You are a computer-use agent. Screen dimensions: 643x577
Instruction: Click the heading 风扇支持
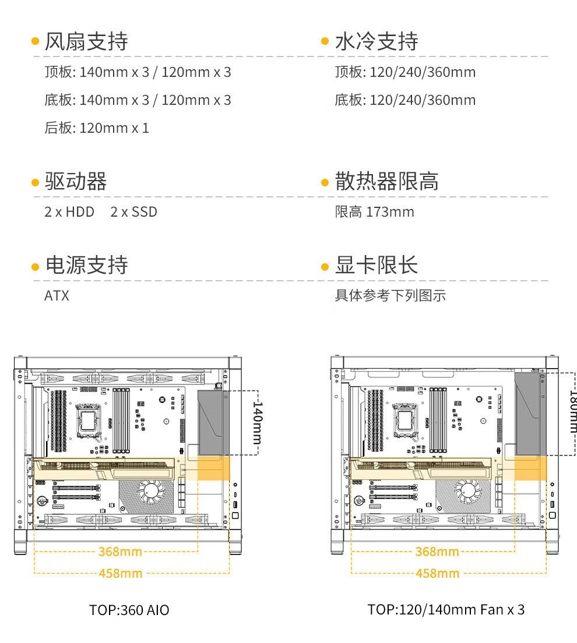tap(86, 41)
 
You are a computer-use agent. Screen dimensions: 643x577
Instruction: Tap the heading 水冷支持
tap(377, 41)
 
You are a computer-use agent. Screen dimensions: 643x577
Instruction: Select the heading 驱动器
tap(76, 182)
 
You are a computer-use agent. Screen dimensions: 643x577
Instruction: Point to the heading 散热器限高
tap(387, 182)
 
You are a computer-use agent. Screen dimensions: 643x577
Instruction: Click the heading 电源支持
tap(86, 266)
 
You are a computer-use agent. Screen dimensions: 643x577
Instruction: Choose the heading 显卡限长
tap(377, 266)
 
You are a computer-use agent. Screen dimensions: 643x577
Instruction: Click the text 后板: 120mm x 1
tap(97, 128)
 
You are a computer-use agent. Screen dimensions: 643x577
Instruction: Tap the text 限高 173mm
tap(374, 212)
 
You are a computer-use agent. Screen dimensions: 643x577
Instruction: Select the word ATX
tap(57, 296)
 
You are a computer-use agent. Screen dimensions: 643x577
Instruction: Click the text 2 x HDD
tap(69, 212)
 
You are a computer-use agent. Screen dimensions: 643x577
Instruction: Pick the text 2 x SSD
tap(134, 212)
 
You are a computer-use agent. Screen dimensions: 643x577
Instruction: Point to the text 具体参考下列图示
tap(390, 296)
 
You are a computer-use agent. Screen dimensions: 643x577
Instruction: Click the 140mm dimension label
tap(257, 422)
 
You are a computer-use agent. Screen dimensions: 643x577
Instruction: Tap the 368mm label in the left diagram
tap(120, 552)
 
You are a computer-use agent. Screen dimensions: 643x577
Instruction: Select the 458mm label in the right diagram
tap(437, 574)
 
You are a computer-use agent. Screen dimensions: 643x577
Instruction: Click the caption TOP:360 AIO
tap(129, 610)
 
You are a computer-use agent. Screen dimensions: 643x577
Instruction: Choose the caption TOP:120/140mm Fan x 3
tap(446, 610)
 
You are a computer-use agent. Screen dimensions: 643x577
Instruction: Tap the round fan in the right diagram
tap(468, 492)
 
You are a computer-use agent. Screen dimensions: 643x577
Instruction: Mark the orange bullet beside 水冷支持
tap(325, 41)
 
